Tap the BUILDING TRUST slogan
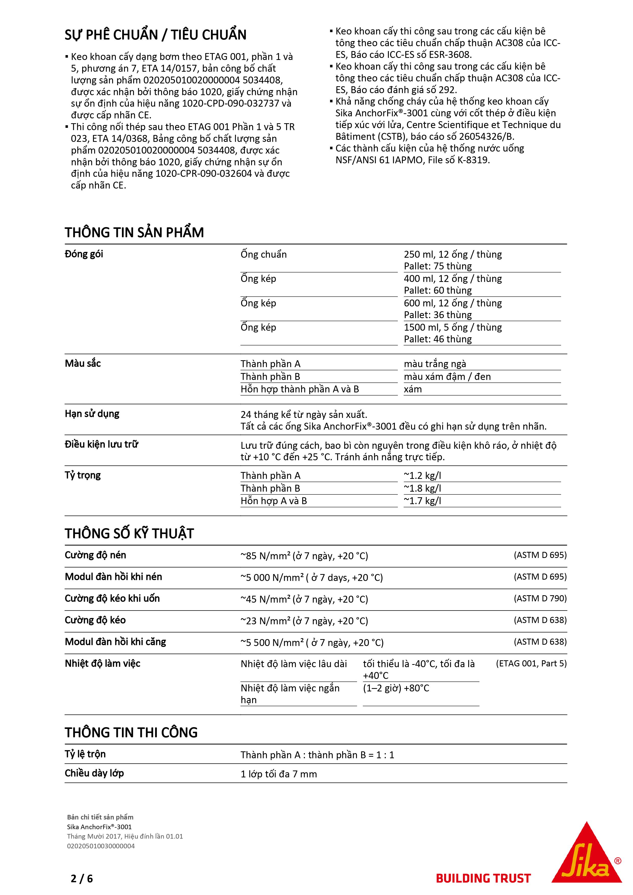[x=483, y=878]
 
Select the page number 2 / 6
[x=82, y=878]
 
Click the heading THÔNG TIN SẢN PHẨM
[x=134, y=232]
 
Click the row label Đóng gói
[x=84, y=254]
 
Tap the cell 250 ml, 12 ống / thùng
[x=453, y=255]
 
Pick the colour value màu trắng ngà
[x=435, y=364]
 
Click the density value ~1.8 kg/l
[x=423, y=488]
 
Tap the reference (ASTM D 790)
[x=540, y=598]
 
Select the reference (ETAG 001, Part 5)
[x=531, y=663]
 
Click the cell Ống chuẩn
[x=264, y=255]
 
